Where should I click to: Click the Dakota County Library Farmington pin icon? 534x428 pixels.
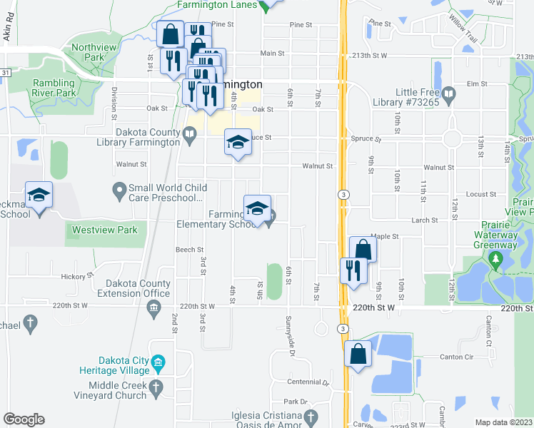point(189,132)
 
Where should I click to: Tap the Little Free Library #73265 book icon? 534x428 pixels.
point(449,93)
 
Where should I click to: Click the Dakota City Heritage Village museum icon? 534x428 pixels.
point(158,362)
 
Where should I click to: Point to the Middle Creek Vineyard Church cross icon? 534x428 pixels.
point(158,389)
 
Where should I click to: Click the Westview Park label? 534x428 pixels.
point(106,230)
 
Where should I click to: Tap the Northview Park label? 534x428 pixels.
point(88,52)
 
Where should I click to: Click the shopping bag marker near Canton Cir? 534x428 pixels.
point(358,354)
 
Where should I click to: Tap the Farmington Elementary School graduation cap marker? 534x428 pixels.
point(257,208)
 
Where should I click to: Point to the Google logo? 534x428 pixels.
point(24,419)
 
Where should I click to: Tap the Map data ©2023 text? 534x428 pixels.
point(503,422)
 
